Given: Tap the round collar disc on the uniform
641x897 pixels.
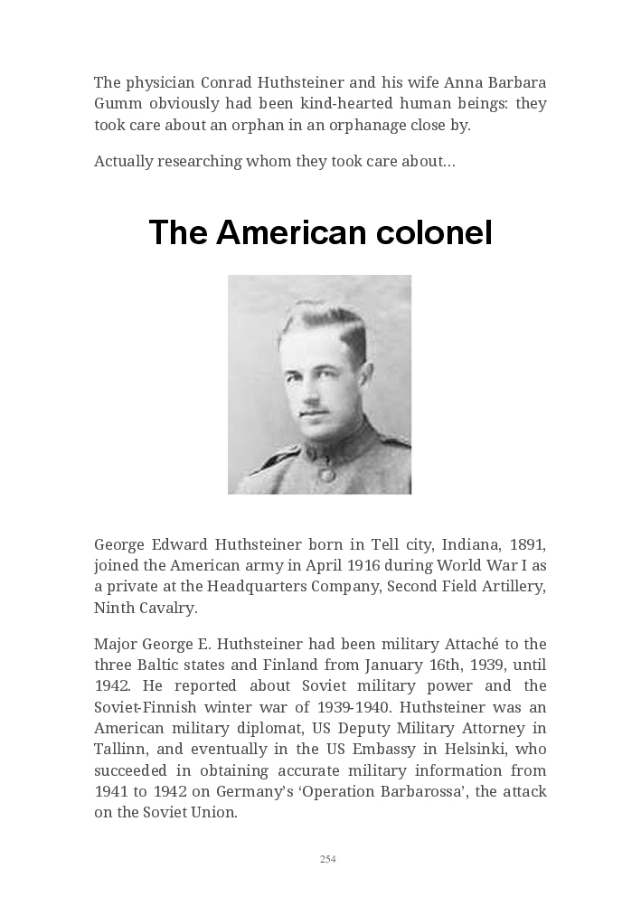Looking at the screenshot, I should (325, 473).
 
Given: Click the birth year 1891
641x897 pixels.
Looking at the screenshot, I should (528, 544).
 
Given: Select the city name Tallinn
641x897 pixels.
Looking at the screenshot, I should (118, 749).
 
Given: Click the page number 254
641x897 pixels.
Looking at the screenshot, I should (328, 859).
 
